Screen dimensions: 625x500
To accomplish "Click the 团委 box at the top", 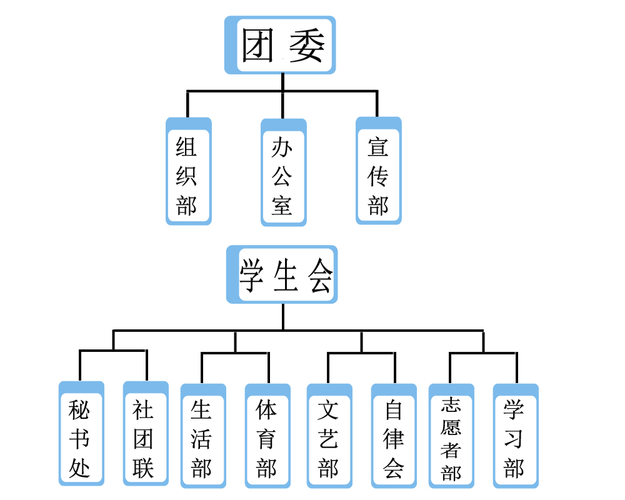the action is click(x=280, y=45).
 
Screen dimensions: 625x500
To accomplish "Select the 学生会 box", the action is click(x=282, y=274).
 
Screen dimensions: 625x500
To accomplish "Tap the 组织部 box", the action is click(x=189, y=171).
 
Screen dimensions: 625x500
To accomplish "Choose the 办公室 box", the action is click(x=283, y=172).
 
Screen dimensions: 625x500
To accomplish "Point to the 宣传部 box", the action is click(x=379, y=171).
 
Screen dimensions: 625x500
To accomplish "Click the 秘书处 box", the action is click(x=81, y=433).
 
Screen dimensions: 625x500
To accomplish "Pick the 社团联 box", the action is click(x=146, y=433).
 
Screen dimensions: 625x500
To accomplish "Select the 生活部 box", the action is click(x=203, y=436).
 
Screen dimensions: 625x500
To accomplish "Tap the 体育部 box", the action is click(x=267, y=436).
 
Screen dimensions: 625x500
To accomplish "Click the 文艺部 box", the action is click(x=329, y=436).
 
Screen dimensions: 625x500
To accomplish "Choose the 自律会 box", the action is click(x=394, y=436).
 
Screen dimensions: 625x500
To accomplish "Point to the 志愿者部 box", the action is click(x=452, y=436).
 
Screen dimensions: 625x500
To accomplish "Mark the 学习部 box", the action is click(x=516, y=436).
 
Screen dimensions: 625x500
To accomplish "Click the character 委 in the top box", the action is click(x=306, y=46).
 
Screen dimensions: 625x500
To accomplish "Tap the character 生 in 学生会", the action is click(x=286, y=275).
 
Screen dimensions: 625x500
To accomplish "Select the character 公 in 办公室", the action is click(x=282, y=176).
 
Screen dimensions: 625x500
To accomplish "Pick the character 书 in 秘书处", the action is click(x=79, y=439).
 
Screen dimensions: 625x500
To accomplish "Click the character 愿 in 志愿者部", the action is click(x=451, y=427).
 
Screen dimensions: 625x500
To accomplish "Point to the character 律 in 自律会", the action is click(x=393, y=439).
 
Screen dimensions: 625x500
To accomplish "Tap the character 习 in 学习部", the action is click(x=513, y=439).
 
